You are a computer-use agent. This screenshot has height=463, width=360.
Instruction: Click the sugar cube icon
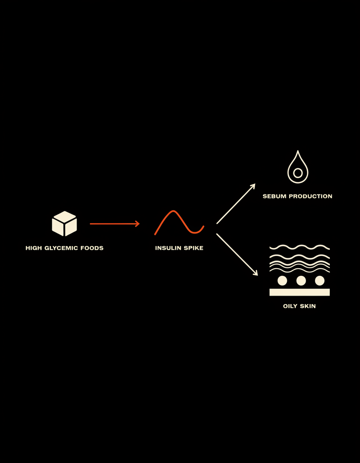64,224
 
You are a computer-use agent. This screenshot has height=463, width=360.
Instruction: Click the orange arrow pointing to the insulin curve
115,224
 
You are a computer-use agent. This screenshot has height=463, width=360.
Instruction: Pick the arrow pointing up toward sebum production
236,204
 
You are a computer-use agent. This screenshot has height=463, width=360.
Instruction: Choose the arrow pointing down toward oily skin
237,255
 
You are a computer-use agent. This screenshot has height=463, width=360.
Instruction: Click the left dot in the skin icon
282,280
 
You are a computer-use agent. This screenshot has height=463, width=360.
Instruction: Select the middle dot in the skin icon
301,280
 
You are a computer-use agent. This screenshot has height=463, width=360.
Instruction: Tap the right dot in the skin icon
319,280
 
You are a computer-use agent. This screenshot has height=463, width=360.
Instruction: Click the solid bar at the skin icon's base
299,292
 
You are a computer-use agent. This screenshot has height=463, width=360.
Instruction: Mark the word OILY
290,306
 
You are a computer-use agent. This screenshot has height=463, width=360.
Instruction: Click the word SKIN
308,306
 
